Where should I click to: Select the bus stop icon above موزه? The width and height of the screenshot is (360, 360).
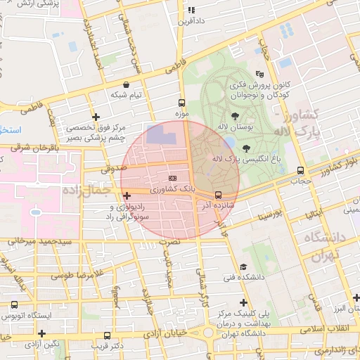(x=182, y=102)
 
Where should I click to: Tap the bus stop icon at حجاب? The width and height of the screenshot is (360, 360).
(x=301, y=170)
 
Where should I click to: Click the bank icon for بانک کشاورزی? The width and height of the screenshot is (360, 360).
(x=173, y=178)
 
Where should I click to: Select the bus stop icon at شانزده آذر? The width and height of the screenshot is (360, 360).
(x=217, y=194)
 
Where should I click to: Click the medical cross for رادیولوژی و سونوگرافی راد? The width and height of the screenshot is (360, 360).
(x=126, y=195)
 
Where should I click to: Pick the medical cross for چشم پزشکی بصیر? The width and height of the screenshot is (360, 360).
(x=96, y=117)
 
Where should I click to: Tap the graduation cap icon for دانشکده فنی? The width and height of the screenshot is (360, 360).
(x=243, y=266)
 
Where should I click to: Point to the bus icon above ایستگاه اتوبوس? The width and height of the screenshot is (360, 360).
(x=15, y=304)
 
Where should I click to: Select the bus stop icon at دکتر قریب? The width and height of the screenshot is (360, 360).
(x=108, y=336)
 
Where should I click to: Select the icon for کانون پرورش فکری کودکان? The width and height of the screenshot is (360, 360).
(x=259, y=73)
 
